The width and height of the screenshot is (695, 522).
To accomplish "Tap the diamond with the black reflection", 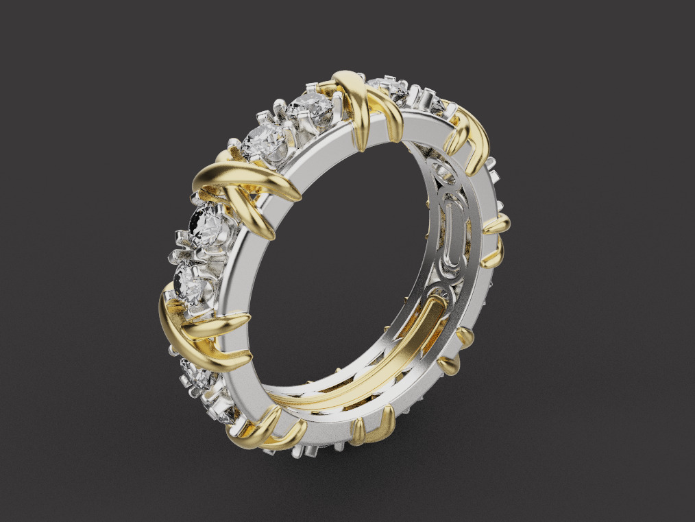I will (204, 222).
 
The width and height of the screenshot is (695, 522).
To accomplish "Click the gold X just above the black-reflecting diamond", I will (243, 189).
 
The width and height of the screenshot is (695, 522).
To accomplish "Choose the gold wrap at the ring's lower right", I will (456, 350).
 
